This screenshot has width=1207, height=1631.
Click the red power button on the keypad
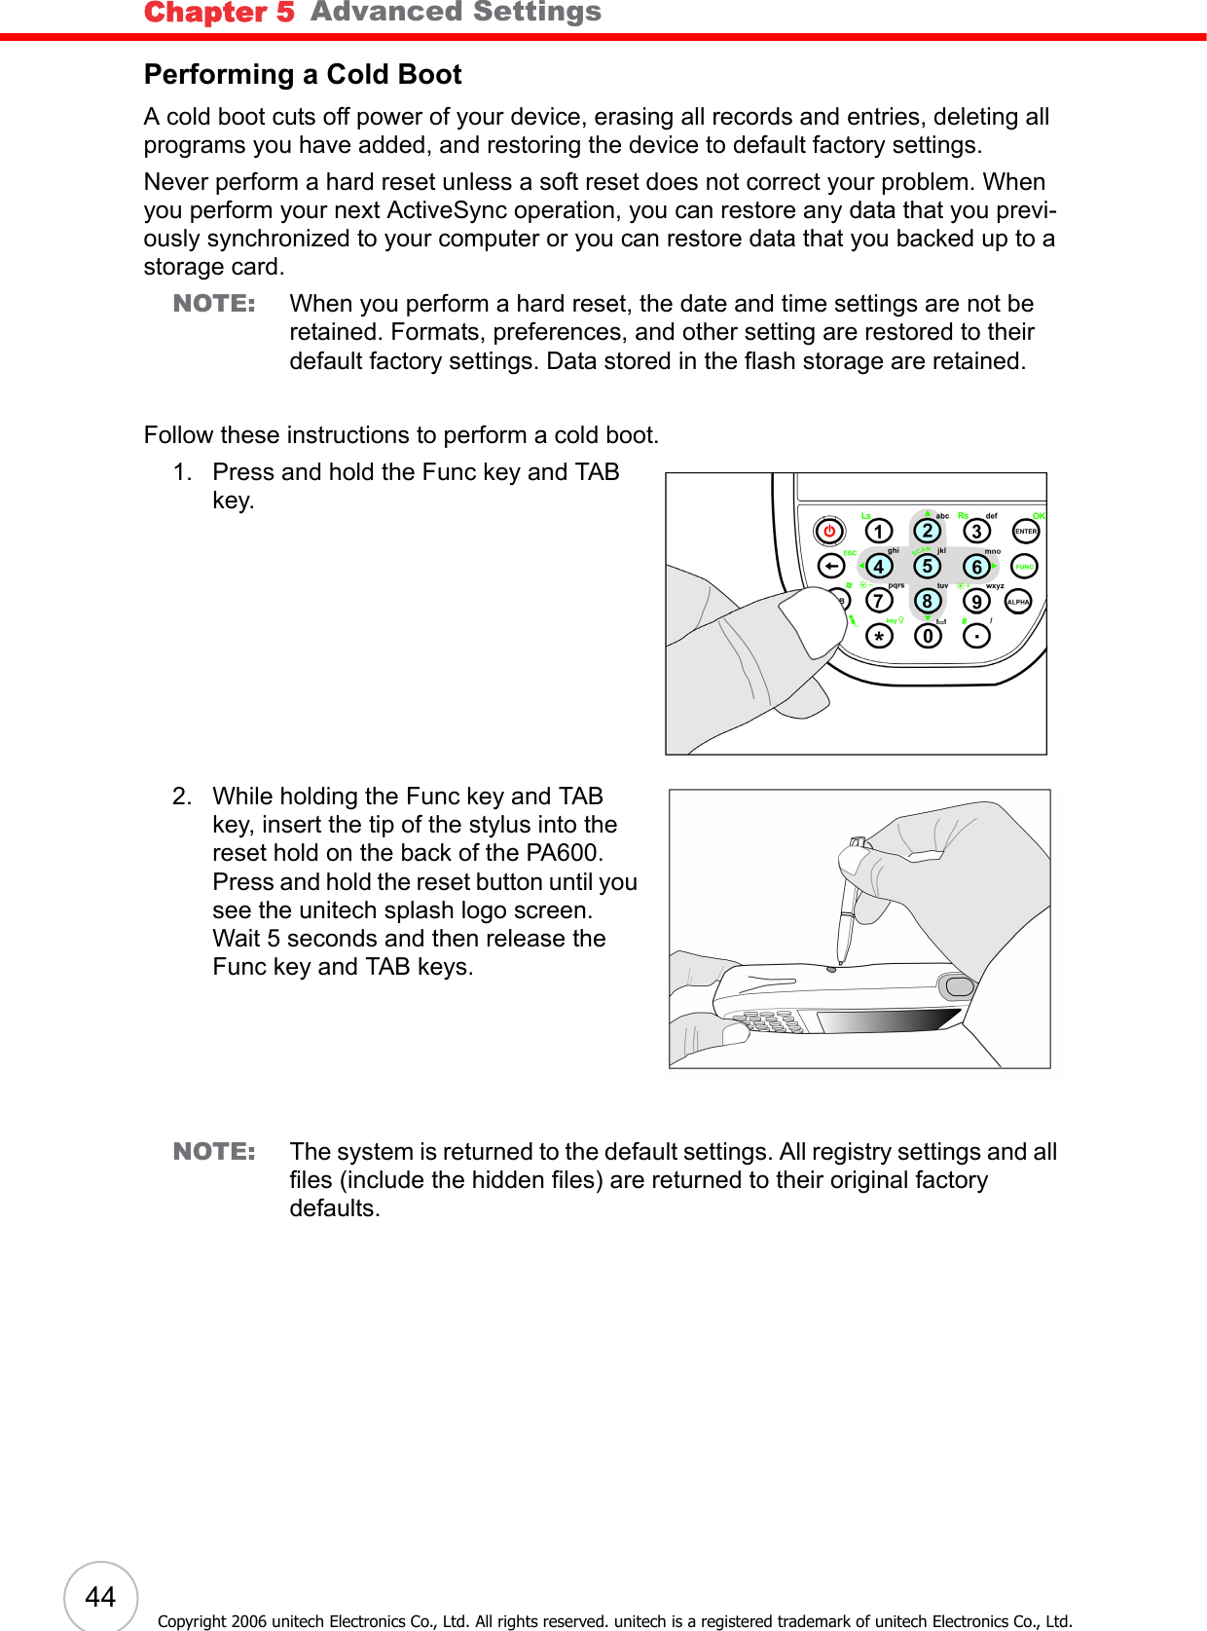click(829, 531)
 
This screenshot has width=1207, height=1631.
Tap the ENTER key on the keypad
click(1026, 531)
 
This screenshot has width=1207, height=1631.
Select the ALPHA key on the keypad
click(1018, 602)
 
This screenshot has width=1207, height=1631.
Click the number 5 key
click(928, 566)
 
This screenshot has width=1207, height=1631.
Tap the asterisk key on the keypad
click(879, 637)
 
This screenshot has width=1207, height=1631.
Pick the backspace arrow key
click(830, 566)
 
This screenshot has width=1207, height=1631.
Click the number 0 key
click(928, 637)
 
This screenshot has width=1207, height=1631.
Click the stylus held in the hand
click(847, 906)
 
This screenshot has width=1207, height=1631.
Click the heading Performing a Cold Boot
click(303, 75)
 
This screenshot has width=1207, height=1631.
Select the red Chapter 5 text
click(219, 13)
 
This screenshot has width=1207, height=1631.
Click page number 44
click(100, 1597)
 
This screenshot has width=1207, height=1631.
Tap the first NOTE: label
click(214, 304)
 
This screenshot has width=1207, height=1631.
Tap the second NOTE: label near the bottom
click(214, 1152)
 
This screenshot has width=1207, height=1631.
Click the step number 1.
click(181, 472)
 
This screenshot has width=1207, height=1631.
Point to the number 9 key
click(976, 602)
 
